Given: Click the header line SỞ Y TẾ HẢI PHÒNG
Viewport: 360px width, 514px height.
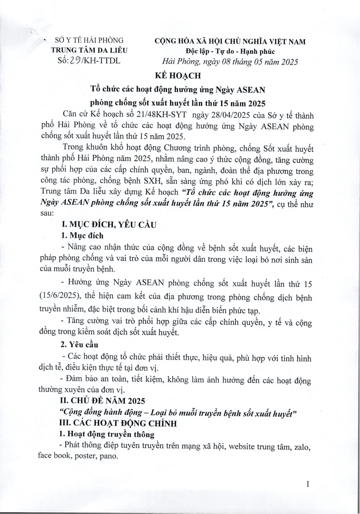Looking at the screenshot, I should pos(89,41).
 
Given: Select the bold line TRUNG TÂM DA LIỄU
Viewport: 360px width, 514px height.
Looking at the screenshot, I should pos(89,50).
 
